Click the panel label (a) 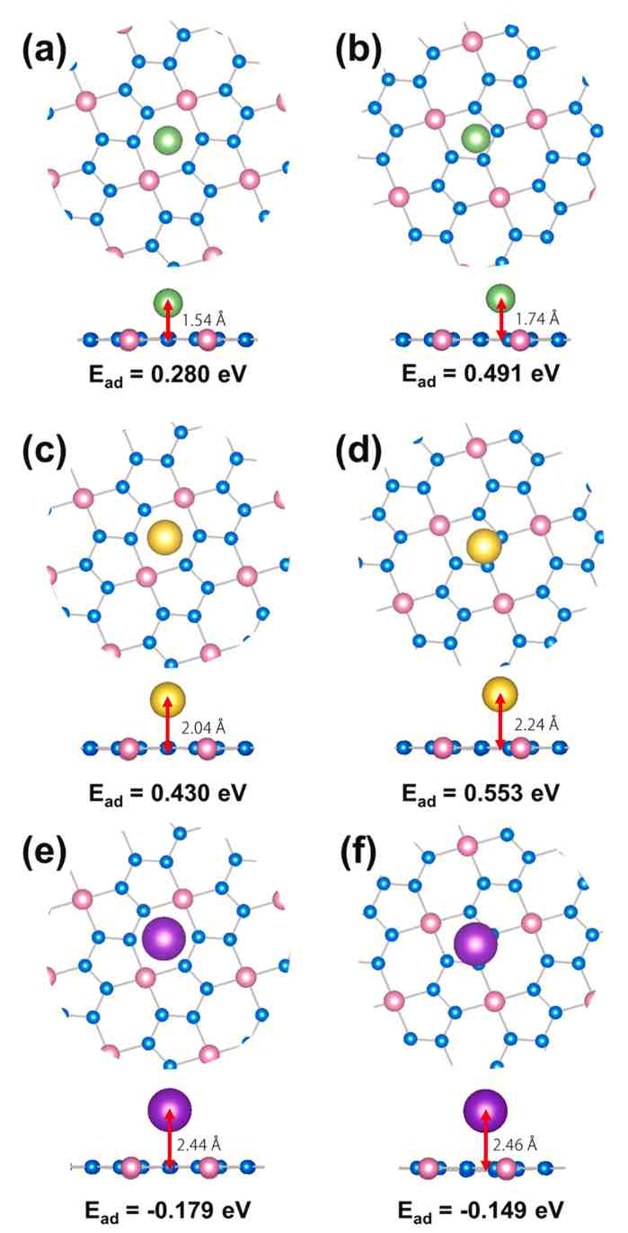click(x=45, y=50)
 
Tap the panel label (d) click(x=358, y=449)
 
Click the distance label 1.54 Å click(x=203, y=320)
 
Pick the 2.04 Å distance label click(x=203, y=727)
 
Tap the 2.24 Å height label click(x=536, y=725)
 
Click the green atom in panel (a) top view click(x=167, y=140)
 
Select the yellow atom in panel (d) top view click(x=483, y=547)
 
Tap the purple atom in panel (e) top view click(x=164, y=939)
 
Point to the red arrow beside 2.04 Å click(x=168, y=723)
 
